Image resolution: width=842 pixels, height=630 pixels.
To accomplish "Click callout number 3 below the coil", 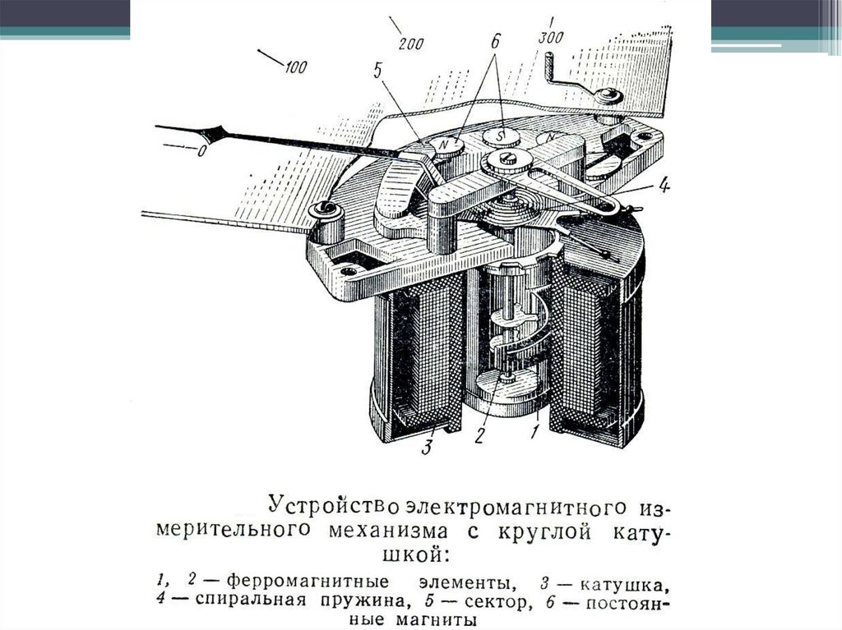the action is [427, 447].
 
